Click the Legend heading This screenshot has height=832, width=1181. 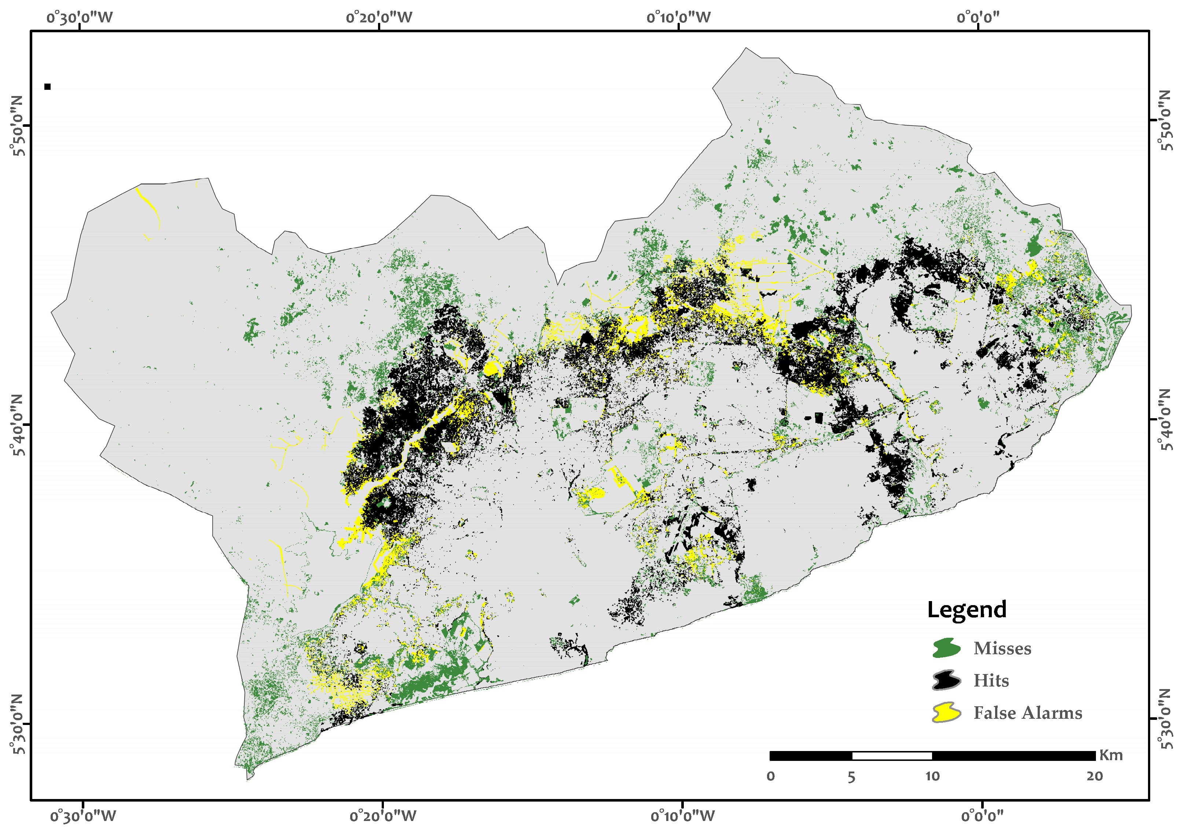pyautogui.click(x=966, y=610)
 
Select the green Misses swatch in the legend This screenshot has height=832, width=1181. pyautogui.click(x=946, y=648)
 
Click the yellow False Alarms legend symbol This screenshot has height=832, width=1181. pyautogui.click(x=946, y=713)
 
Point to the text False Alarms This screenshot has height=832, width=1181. pyautogui.click(x=1028, y=713)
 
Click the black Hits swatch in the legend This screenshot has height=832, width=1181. pyautogui.click(x=946, y=680)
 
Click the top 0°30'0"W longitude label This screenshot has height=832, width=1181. pyautogui.click(x=80, y=18)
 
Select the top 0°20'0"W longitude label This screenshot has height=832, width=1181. pyautogui.click(x=379, y=18)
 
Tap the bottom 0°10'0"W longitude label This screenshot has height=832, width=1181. pyautogui.click(x=683, y=816)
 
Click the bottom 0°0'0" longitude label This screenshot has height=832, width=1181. pyautogui.click(x=982, y=816)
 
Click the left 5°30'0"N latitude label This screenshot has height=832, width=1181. pyautogui.click(x=18, y=724)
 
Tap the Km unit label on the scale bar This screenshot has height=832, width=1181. pyautogui.click(x=1111, y=755)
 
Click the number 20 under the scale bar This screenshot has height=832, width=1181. pyautogui.click(x=1094, y=776)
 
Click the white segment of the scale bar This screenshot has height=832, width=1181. pyautogui.click(x=892, y=756)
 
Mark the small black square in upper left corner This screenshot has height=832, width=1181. pyautogui.click(x=47, y=86)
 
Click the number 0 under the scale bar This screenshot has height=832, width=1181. pyautogui.click(x=771, y=776)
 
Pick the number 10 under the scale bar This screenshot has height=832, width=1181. pyautogui.click(x=932, y=776)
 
